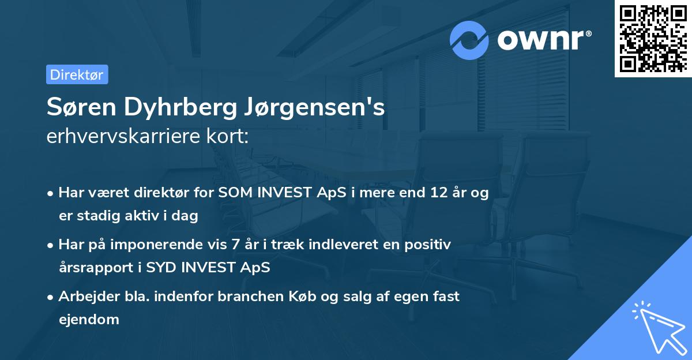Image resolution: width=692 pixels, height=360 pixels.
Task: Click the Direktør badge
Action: pyautogui.click(x=77, y=74)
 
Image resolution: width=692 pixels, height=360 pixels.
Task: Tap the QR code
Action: pyautogui.click(x=652, y=39)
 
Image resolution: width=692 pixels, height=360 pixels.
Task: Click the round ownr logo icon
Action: pyautogui.click(x=469, y=40)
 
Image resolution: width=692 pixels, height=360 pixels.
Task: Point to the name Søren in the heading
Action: pyautogui.click(x=84, y=108)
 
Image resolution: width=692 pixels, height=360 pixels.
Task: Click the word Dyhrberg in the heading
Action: pyautogui.click(x=183, y=108)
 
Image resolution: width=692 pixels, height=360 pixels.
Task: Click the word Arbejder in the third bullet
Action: pyautogui.click(x=85, y=297)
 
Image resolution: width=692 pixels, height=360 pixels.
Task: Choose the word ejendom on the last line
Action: pyautogui.click(x=89, y=319)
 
